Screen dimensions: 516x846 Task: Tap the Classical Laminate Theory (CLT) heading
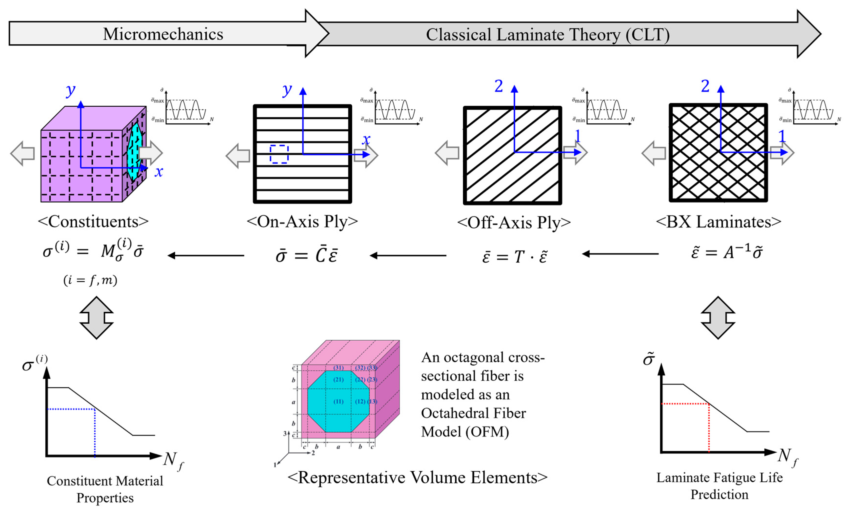pos(548,35)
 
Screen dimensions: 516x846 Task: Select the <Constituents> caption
pos(93,222)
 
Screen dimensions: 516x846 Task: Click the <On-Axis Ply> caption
pos(302,222)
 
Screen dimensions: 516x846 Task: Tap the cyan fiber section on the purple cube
pos(135,151)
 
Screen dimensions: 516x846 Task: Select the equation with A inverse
pos(727,253)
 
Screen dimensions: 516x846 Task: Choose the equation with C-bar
pos(307,255)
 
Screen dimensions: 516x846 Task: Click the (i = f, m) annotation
pos(90,280)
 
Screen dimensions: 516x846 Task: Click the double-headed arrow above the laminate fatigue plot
pos(718,318)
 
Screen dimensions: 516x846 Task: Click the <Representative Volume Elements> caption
pos(417,477)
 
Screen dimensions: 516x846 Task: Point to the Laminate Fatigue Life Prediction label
pos(719,486)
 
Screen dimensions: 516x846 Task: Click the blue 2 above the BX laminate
pos(705,86)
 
